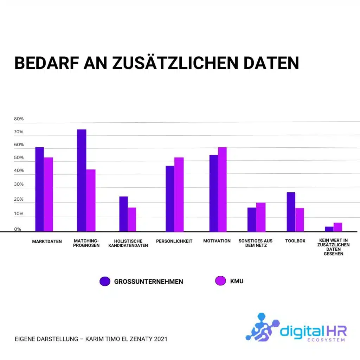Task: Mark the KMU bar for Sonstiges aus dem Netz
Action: [261, 217]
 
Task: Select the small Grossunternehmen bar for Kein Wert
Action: [329, 229]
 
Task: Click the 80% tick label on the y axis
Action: [19, 119]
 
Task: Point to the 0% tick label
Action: [18, 229]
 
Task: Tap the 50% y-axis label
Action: [19, 158]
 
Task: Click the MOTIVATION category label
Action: [217, 241]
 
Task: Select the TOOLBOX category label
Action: [295, 241]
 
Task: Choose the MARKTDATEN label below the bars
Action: [47, 242]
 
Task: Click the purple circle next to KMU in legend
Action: [220, 281]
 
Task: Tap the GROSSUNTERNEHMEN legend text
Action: [148, 282]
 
